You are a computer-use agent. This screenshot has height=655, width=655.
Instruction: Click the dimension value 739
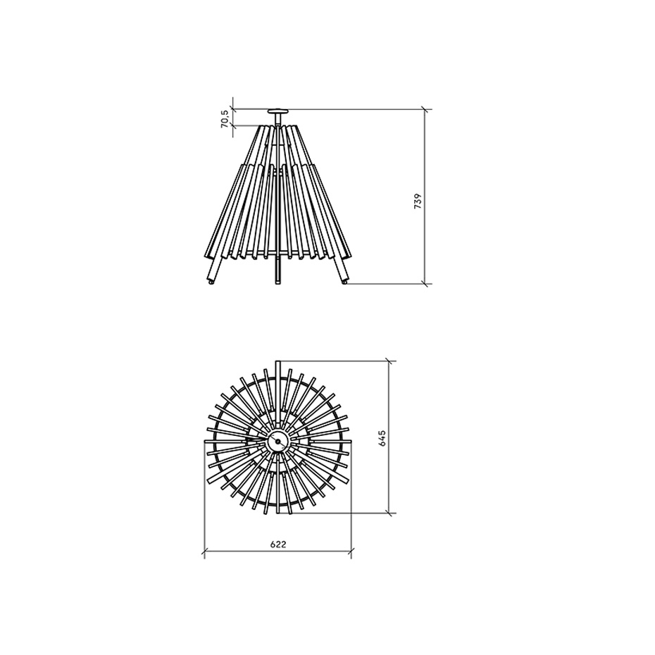tap(418, 201)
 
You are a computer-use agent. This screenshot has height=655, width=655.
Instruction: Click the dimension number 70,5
tap(225, 118)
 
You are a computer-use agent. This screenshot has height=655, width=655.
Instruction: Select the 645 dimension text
tap(382, 438)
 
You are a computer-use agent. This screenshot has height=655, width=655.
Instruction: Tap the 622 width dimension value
tap(277, 544)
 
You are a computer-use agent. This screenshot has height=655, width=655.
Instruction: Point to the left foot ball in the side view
tap(211, 282)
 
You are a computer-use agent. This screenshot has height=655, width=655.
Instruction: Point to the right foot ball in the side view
tap(344, 282)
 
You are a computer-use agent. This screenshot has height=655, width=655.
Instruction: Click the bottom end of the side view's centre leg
tap(277, 284)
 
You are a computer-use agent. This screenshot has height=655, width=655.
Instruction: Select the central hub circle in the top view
tap(277, 442)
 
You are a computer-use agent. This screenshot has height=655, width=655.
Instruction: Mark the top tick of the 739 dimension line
tap(425, 110)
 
